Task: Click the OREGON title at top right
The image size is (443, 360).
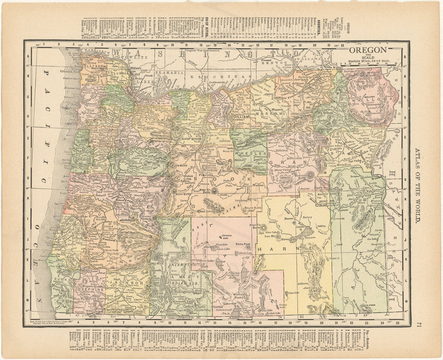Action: tap(368, 50)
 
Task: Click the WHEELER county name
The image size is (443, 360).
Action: tap(246, 153)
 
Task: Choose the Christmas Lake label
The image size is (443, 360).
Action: tap(227, 236)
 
